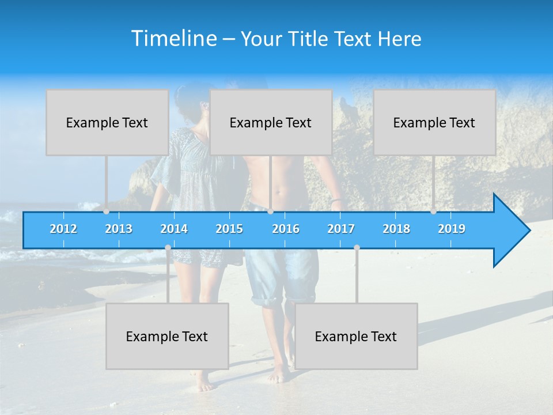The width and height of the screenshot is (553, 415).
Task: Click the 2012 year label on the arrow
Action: click(x=63, y=229)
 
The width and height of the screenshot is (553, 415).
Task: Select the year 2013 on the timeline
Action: click(x=119, y=229)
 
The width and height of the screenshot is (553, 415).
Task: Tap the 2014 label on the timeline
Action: click(x=174, y=229)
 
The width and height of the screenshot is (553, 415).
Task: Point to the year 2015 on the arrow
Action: click(x=229, y=229)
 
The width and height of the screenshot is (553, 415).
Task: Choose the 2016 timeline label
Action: click(x=286, y=229)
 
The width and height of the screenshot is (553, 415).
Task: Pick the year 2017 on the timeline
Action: click(x=341, y=229)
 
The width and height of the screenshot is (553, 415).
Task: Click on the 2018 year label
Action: click(x=396, y=229)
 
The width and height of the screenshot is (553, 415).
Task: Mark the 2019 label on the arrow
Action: click(x=452, y=229)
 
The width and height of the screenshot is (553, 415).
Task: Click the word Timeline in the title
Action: click(x=173, y=39)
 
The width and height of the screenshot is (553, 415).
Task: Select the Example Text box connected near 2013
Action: click(x=107, y=122)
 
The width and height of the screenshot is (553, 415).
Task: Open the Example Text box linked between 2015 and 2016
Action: click(x=271, y=122)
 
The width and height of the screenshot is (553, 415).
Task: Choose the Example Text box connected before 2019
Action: click(x=434, y=122)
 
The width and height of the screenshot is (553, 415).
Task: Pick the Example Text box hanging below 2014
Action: click(x=167, y=336)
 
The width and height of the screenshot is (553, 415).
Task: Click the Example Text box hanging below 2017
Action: click(x=356, y=336)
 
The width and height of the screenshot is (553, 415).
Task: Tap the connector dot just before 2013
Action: click(x=107, y=212)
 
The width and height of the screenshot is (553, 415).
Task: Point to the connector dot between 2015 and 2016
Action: click(x=270, y=212)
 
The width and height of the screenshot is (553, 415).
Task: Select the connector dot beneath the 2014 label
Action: click(x=168, y=247)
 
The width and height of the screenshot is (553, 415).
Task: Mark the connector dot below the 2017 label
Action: click(x=357, y=247)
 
